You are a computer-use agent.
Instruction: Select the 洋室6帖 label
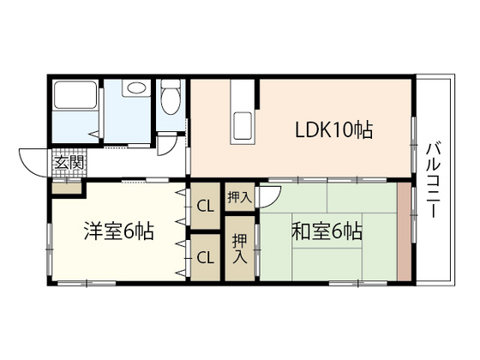pyautogui.click(x=117, y=231)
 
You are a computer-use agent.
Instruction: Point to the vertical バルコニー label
pyautogui.click(x=433, y=181)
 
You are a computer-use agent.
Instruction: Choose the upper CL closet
pyautogui.click(x=205, y=206)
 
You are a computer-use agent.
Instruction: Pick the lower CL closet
pyautogui.click(x=205, y=256)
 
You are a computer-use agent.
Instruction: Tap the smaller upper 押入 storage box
pyautogui.click(x=238, y=196)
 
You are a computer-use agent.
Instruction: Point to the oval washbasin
pyautogui.click(x=134, y=88)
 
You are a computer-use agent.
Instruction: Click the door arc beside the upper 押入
pyautogui.click(x=268, y=196)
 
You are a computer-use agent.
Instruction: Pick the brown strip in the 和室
pyautogui.click(x=404, y=231)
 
